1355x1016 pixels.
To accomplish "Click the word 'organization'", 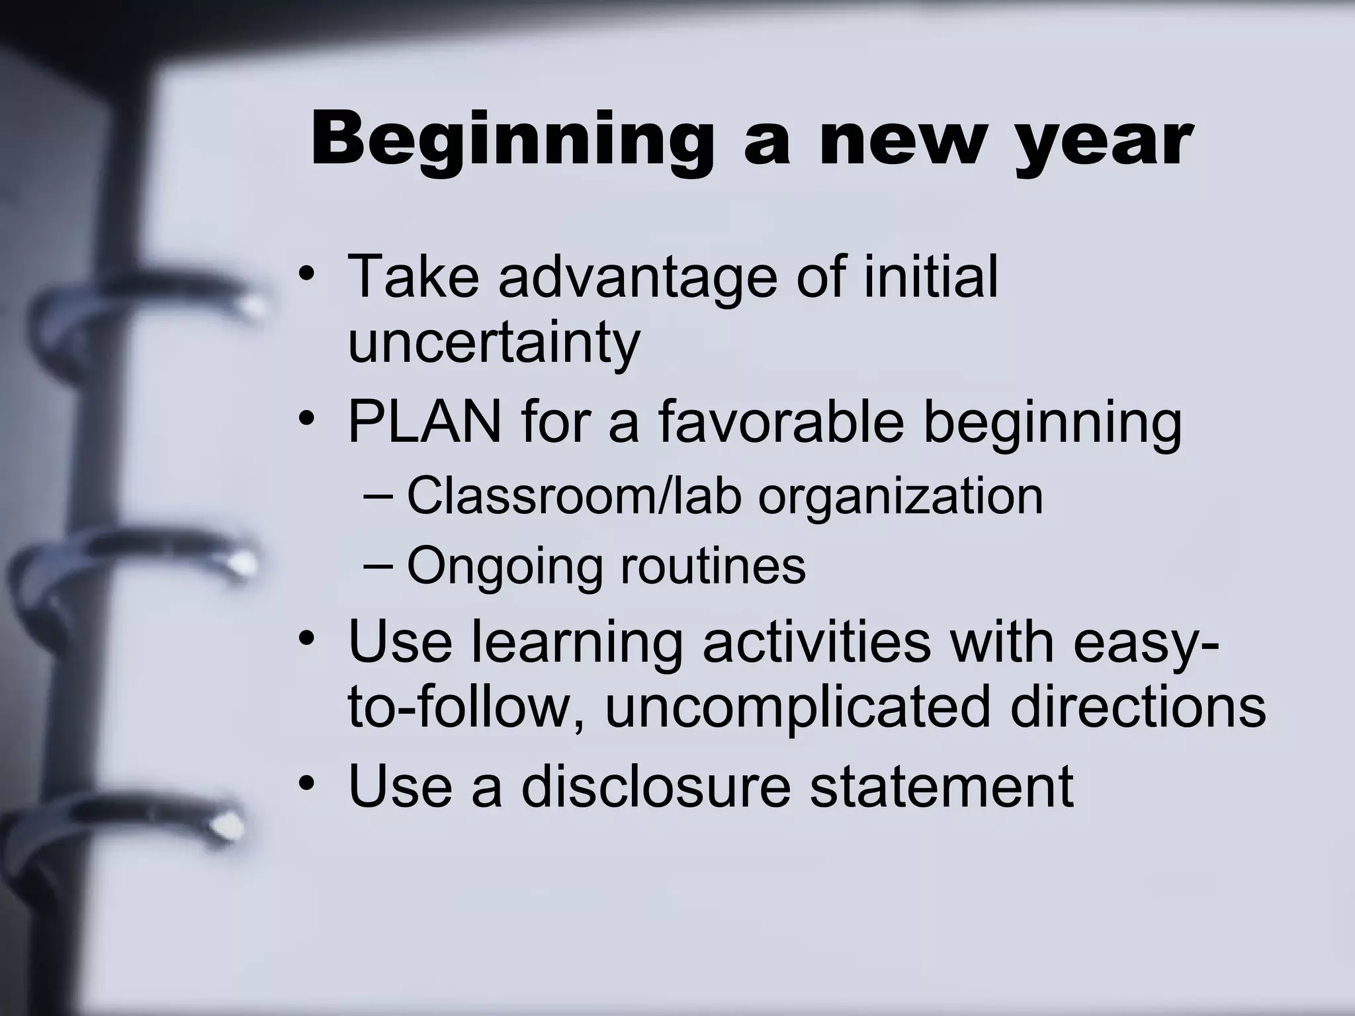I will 900,497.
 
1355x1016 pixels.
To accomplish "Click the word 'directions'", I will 1138,706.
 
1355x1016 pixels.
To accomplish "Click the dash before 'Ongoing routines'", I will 378,566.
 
